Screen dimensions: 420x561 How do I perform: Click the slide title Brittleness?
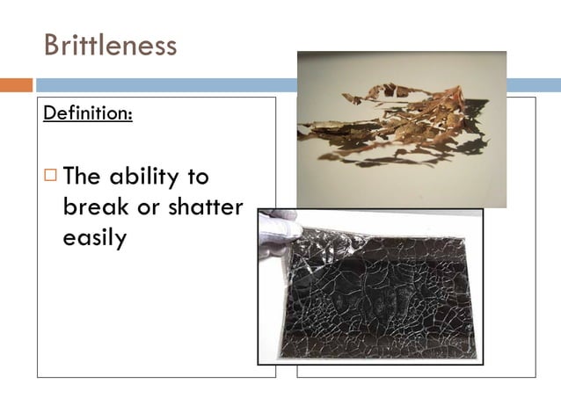(110, 45)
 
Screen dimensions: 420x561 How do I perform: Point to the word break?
(92, 207)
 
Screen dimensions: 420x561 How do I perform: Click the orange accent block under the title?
(16, 85)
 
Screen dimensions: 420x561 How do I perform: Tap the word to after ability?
(195, 177)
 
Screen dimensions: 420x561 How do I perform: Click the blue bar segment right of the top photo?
(533, 85)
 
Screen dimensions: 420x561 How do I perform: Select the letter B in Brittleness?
(52, 45)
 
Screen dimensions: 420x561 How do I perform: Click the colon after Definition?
(130, 114)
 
